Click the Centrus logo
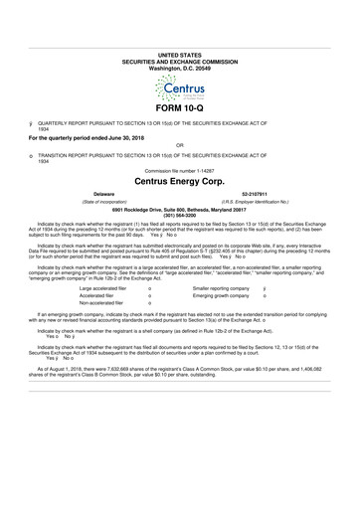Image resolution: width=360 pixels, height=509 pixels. coord(179,77)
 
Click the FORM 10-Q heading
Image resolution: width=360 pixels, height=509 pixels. coord(179,107)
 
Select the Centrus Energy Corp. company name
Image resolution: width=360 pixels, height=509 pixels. coord(179,182)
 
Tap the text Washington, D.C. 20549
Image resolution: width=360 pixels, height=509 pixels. coord(179,40)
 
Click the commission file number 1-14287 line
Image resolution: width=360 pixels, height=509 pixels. coord(179,170)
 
